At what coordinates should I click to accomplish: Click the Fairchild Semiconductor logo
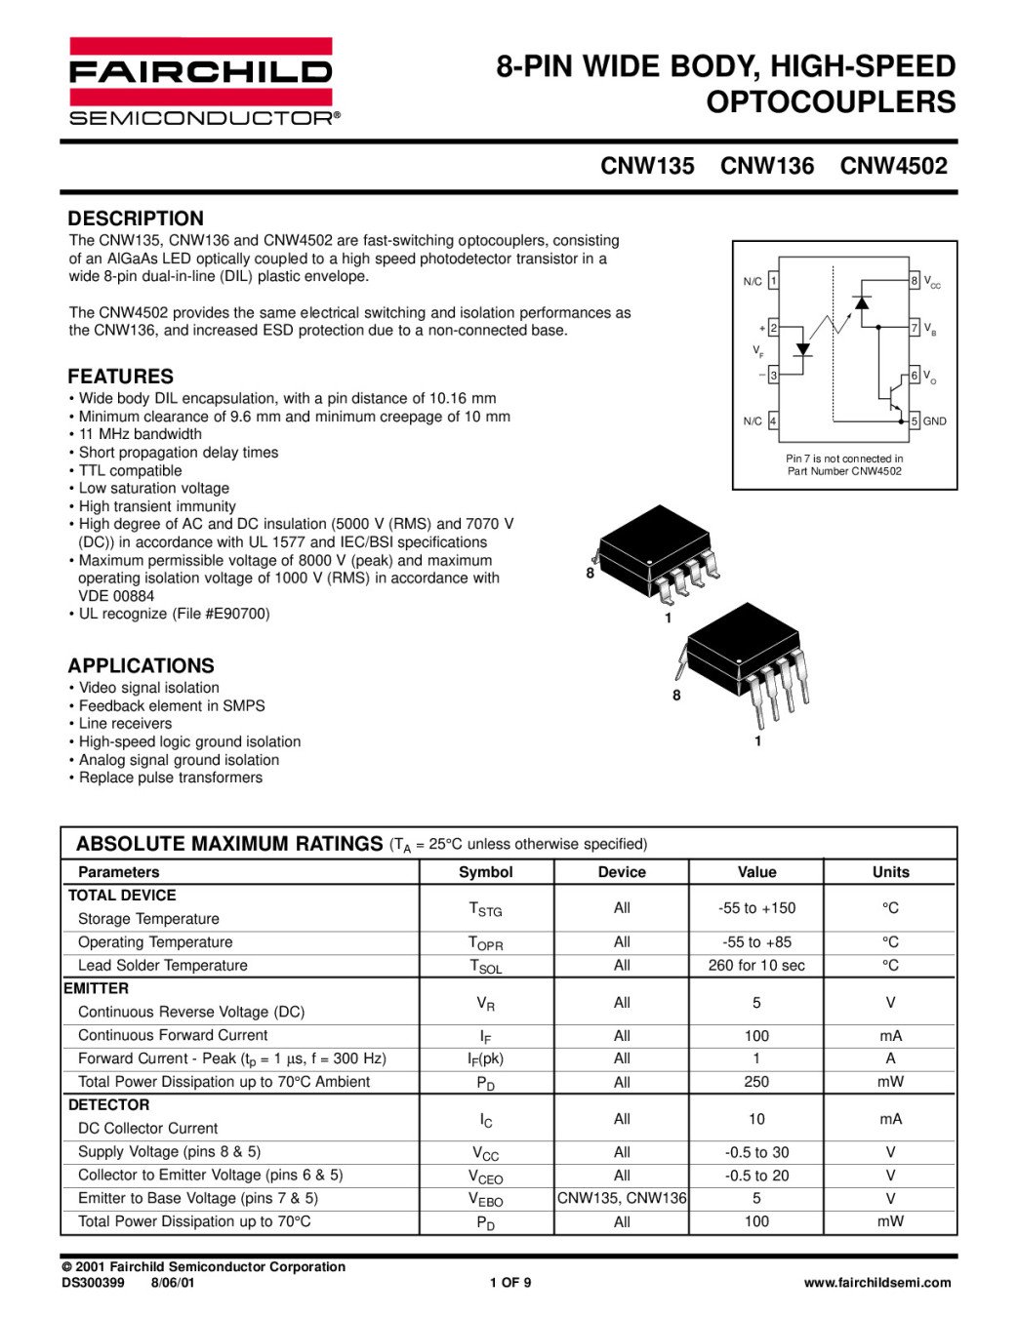pyautogui.click(x=202, y=82)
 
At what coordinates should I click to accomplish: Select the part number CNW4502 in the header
pyautogui.click(x=893, y=166)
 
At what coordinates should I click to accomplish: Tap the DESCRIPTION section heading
pyautogui.click(x=136, y=219)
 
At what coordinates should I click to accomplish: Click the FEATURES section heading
pyautogui.click(x=120, y=377)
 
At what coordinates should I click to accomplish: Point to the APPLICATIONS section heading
pyautogui.click(x=141, y=666)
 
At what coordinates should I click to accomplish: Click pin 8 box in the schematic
pyautogui.click(x=915, y=281)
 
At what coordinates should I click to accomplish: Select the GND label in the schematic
pyautogui.click(x=935, y=421)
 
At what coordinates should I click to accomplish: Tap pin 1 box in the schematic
pyautogui.click(x=773, y=281)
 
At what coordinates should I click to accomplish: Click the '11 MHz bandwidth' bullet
pyautogui.click(x=140, y=434)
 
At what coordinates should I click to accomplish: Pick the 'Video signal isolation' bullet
pyautogui.click(x=148, y=688)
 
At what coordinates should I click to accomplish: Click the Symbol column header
pyautogui.click(x=485, y=872)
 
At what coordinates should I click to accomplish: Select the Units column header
pyautogui.click(x=890, y=872)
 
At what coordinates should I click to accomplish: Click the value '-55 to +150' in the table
pyautogui.click(x=756, y=908)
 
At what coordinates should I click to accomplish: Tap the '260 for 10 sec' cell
pyautogui.click(x=756, y=966)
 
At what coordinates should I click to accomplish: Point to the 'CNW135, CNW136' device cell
pyautogui.click(x=622, y=1198)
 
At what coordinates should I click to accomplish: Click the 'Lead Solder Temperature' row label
pyautogui.click(x=163, y=966)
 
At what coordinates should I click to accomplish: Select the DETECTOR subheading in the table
pyautogui.click(x=108, y=1105)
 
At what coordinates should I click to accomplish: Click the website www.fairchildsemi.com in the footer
pyautogui.click(x=876, y=1283)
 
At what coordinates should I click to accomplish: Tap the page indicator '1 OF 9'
pyautogui.click(x=510, y=1283)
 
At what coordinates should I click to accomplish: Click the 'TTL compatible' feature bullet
pyautogui.click(x=130, y=470)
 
